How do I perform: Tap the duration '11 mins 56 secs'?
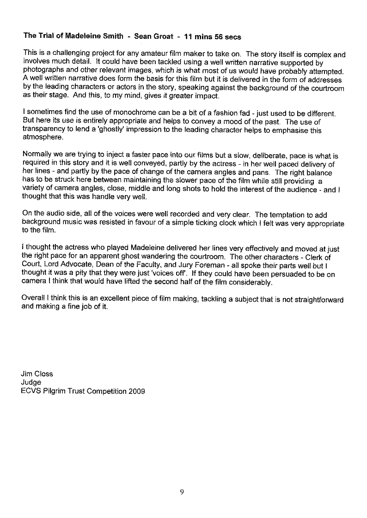tap(212, 36)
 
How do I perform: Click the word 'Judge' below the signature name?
tap(31, 382)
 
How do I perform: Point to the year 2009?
tap(137, 391)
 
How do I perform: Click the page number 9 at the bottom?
tap(182, 492)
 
